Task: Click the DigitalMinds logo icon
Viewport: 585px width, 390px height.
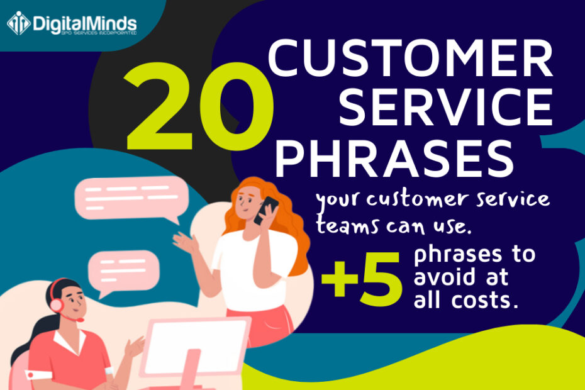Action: point(18,23)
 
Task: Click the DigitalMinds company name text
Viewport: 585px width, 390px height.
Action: point(84,23)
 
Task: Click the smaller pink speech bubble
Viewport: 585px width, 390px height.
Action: point(123,269)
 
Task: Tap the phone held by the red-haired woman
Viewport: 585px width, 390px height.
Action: point(267,209)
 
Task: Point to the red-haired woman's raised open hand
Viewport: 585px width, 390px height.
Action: point(184,242)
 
